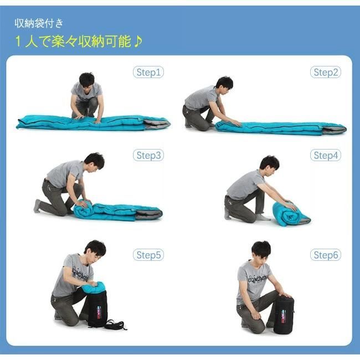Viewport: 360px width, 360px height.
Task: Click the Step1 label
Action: click(x=148, y=73)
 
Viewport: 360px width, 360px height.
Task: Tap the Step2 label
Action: click(x=326, y=73)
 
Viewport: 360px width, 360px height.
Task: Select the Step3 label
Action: click(x=148, y=155)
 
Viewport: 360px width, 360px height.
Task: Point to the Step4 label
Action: click(x=326, y=155)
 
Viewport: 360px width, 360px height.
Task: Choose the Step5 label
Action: click(x=148, y=255)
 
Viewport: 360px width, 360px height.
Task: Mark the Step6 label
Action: click(x=326, y=255)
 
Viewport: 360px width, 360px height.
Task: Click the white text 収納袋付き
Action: click(x=39, y=23)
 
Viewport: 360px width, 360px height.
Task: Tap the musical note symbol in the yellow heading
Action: click(x=138, y=42)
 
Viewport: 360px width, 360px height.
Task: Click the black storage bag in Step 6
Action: click(x=284, y=315)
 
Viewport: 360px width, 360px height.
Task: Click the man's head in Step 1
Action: click(x=87, y=80)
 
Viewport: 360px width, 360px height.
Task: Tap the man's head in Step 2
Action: click(x=224, y=84)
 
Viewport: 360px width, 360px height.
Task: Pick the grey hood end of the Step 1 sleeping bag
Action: click(x=157, y=124)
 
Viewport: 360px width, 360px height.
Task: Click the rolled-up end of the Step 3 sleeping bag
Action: click(x=83, y=209)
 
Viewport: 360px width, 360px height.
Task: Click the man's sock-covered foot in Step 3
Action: click(x=37, y=206)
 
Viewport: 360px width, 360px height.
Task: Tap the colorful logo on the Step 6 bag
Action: click(x=284, y=316)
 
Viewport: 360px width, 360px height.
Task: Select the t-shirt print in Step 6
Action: click(x=258, y=279)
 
